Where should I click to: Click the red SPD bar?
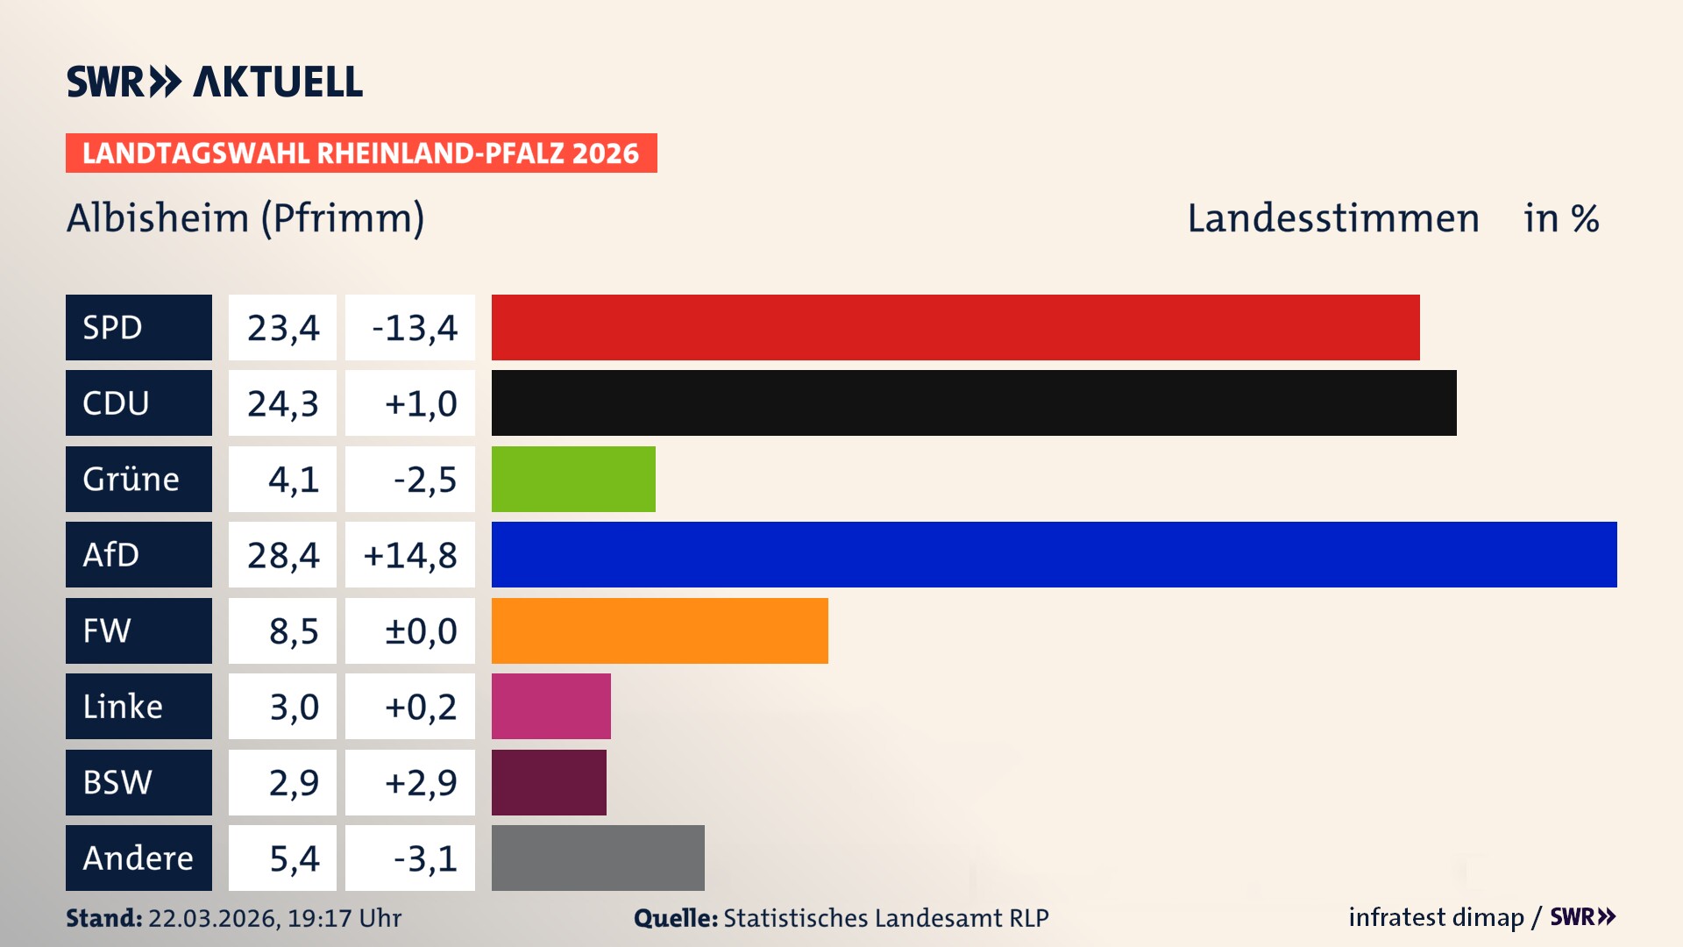955,327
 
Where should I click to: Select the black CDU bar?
973,402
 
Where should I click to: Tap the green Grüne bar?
573,479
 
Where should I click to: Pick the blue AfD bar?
1054,554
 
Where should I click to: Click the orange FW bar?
659,630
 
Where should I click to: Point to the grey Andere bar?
598,858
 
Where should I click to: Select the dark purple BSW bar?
549,782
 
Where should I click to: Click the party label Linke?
123,707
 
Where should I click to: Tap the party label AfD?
111,555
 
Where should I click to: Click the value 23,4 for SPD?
283,328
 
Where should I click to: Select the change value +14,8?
410,555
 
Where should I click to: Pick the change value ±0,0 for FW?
421,631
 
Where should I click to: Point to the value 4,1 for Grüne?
294,480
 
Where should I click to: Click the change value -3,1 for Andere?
425,858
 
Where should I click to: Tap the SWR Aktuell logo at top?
215,82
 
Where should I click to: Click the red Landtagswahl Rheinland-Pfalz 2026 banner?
361,153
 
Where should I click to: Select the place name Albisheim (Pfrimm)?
245,218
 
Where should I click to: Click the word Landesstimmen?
1333,218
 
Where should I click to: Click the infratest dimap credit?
1436,917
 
